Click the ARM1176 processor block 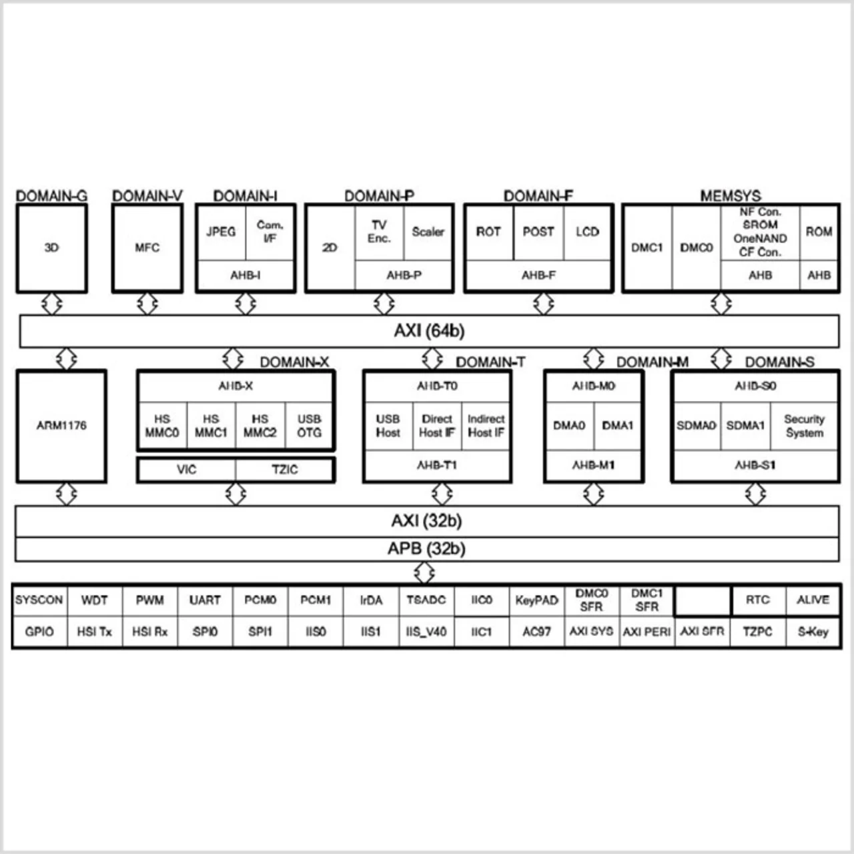61,426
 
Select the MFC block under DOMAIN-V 147,248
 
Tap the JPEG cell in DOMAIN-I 221,232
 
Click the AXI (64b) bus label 429,331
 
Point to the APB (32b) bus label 426,548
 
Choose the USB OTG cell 309,426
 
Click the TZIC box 284,470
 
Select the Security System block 804,426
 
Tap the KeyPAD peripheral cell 536,600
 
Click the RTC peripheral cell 758,600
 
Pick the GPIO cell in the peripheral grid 39,631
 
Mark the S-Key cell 813,631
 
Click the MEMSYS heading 730,196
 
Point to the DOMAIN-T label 490,362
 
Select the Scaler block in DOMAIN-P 428,232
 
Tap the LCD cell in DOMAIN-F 587,232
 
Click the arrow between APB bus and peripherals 424,572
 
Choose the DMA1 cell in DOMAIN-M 618,426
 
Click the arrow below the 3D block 51,304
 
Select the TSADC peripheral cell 426,600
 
